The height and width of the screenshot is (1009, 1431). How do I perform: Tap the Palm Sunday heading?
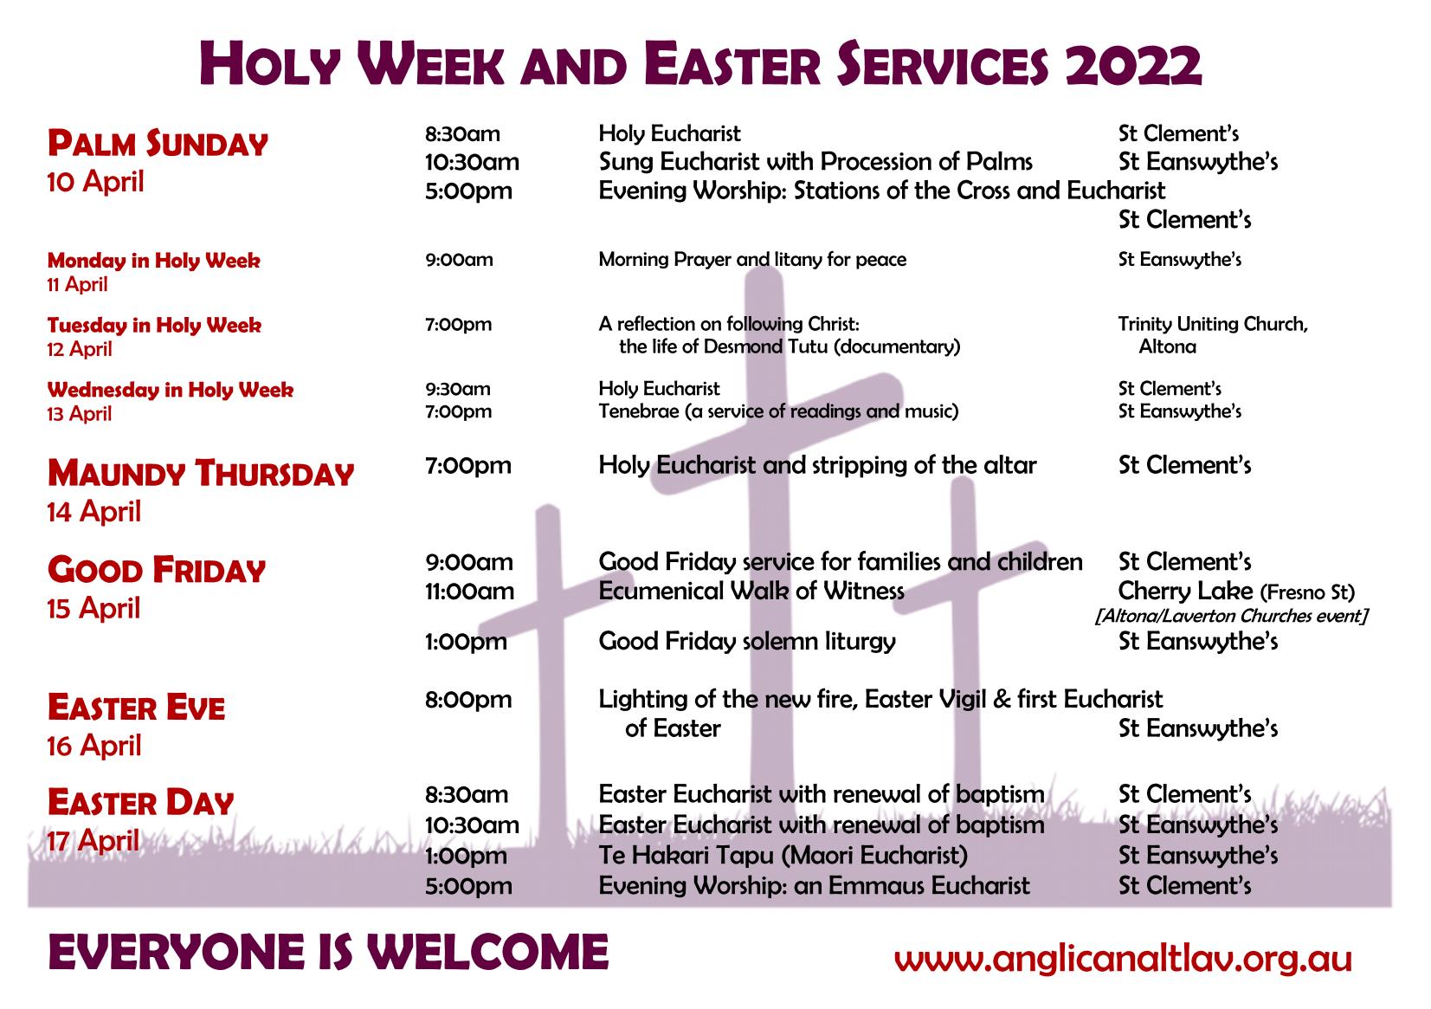tap(158, 143)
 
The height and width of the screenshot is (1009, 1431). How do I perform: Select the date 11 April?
tap(77, 284)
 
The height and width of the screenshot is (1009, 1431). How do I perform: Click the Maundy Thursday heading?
tap(201, 474)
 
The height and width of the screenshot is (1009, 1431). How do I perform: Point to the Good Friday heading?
tap(157, 569)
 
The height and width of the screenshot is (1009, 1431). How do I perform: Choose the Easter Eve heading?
tap(136, 708)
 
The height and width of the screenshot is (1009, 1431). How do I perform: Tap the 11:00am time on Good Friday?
tap(469, 591)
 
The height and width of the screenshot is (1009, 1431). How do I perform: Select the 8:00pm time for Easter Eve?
tap(468, 700)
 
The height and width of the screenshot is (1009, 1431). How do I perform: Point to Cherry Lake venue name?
tap(1185, 591)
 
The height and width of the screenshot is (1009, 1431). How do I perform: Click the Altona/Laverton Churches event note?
tap(1231, 616)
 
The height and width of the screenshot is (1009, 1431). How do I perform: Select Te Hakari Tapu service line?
tap(783, 855)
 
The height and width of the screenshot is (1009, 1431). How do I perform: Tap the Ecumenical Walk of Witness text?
tap(751, 591)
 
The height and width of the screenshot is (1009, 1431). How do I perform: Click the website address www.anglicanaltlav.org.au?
tap(1123, 959)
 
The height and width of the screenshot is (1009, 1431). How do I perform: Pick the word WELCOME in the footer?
tap(487, 952)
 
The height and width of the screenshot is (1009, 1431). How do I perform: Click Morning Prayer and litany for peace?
tap(752, 260)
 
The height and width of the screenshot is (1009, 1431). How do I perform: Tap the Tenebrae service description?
tap(779, 411)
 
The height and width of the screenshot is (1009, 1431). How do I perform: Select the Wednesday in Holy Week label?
tap(171, 389)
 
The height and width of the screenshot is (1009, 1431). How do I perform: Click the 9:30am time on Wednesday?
tap(458, 389)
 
